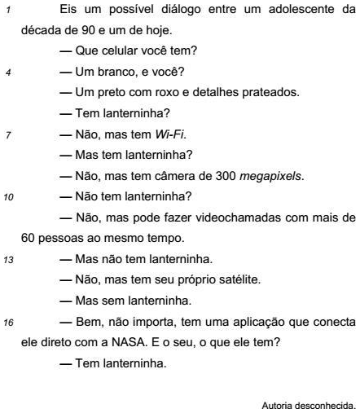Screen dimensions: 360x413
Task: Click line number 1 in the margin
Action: coord(7,11)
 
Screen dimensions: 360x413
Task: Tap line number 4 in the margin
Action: coord(7,72)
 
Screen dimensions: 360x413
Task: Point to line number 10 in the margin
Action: coord(9,196)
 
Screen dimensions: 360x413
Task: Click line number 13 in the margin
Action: coord(9,259)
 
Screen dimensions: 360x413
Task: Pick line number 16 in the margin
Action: coord(9,321)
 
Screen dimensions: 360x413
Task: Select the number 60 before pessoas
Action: coord(27,239)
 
